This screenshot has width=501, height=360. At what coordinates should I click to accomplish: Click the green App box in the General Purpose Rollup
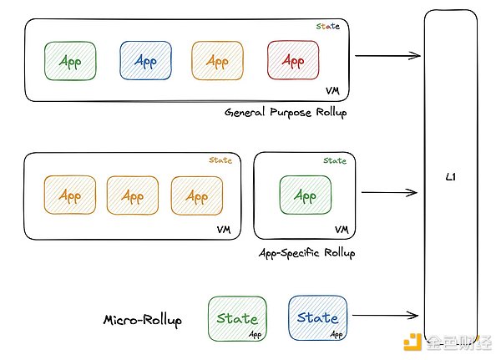click(x=70, y=61)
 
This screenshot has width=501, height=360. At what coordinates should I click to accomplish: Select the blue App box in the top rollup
click(x=145, y=61)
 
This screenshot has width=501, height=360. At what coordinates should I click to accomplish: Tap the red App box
click(x=293, y=61)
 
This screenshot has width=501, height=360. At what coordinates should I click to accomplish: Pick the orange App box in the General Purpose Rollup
click(x=217, y=61)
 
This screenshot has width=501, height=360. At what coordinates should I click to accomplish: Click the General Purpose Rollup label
click(x=286, y=113)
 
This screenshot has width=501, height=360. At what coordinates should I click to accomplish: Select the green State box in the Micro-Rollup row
click(x=237, y=317)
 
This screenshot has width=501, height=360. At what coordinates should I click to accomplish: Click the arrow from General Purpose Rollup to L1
click(x=387, y=56)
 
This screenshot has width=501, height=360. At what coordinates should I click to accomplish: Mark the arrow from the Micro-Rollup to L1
click(x=385, y=316)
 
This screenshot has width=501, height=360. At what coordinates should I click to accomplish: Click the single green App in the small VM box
click(x=306, y=196)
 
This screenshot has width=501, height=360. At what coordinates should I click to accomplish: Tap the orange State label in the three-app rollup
click(x=220, y=160)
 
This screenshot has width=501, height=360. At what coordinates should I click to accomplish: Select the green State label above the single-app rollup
click(x=335, y=160)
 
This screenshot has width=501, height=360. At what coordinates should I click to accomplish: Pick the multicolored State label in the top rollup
click(x=328, y=27)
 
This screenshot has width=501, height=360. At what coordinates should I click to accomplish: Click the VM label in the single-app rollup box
click(x=341, y=229)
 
